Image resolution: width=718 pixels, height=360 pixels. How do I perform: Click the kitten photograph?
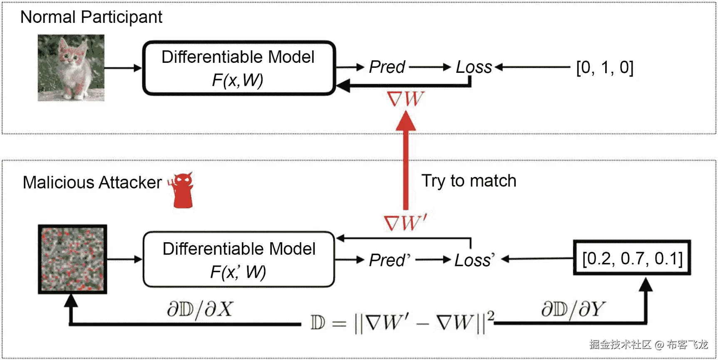(x=71, y=68)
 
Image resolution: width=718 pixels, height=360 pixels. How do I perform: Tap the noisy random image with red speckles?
(x=72, y=259)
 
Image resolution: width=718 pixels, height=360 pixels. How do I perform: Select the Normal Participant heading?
(x=91, y=17)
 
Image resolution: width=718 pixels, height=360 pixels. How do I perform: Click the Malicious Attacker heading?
(x=92, y=183)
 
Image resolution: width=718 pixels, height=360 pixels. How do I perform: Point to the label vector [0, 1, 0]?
(x=604, y=67)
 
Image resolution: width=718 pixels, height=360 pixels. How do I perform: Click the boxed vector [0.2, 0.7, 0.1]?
(x=632, y=258)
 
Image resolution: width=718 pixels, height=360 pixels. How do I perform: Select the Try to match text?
(x=469, y=181)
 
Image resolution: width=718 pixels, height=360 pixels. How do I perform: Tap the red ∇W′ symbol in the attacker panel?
(x=405, y=223)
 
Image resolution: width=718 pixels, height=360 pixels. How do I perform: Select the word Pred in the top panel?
(x=387, y=67)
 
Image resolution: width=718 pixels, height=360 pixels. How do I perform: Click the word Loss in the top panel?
(x=474, y=67)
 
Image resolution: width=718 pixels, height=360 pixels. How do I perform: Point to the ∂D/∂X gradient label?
(x=200, y=309)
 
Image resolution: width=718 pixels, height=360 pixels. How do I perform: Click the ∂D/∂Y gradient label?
(x=573, y=309)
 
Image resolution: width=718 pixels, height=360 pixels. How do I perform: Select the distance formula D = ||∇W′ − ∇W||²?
(x=402, y=323)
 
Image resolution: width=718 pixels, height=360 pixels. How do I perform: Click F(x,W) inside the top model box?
(x=238, y=80)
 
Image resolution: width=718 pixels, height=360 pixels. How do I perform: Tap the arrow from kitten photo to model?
(x=123, y=68)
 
